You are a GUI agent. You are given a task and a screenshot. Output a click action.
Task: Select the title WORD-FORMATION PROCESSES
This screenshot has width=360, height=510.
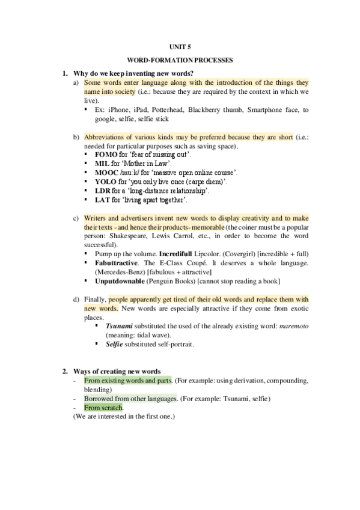180,60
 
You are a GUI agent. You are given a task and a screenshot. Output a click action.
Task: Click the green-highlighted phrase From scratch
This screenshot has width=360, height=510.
103,408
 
